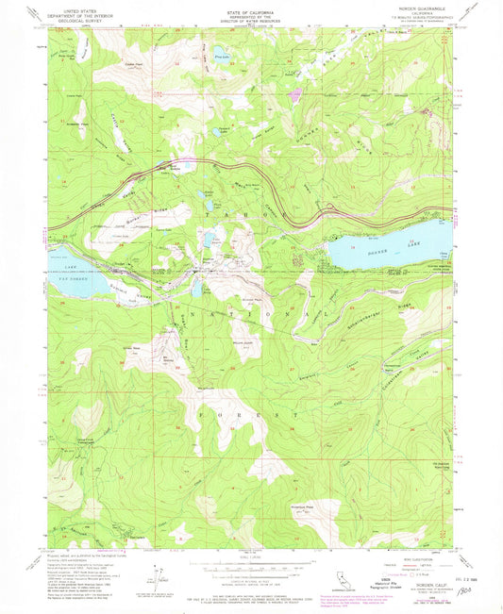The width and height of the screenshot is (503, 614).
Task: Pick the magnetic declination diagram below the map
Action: coord(153,574)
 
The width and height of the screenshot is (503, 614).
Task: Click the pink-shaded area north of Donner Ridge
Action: coord(297,94)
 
